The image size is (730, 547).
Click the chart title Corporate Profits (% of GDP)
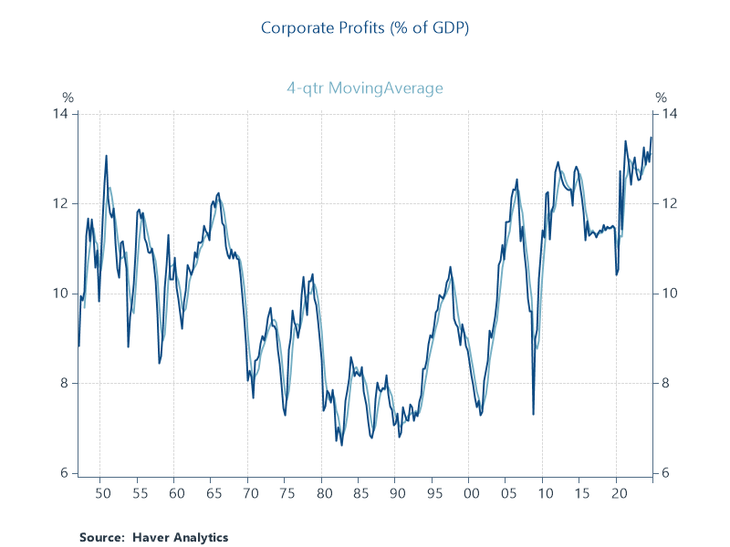[364, 27]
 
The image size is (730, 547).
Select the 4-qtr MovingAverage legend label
[364, 88]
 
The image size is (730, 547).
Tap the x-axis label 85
[358, 493]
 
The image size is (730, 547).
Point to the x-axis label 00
[469, 493]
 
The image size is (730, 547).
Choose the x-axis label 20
[617, 493]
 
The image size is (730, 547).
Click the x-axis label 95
[432, 493]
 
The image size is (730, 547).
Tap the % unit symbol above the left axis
[68, 98]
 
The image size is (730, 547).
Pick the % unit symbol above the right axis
[661, 98]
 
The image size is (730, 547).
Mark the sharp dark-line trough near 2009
[534, 415]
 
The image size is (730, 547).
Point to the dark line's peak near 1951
[107, 155]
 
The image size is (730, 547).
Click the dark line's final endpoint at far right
[652, 138]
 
